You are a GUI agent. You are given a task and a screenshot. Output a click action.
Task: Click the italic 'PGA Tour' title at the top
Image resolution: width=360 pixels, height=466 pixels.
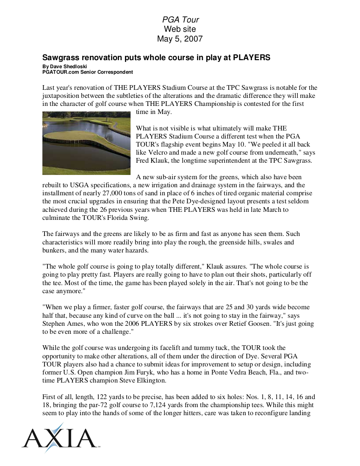coord(180,19)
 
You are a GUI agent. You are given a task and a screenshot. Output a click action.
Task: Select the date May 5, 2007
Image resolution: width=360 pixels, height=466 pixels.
coord(180,39)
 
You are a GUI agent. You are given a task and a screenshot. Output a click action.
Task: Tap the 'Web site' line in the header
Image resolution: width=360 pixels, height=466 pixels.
coord(180,29)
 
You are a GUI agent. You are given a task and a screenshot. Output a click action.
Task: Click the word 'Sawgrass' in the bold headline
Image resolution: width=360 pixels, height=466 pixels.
coord(61,58)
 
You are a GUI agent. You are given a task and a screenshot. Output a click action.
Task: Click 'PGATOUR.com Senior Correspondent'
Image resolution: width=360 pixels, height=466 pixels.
coord(88,72)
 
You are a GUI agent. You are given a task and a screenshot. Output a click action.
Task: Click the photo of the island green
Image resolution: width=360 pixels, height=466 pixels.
coord(86,143)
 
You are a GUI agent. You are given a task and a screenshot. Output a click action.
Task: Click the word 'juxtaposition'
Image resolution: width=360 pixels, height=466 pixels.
coord(62,96)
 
